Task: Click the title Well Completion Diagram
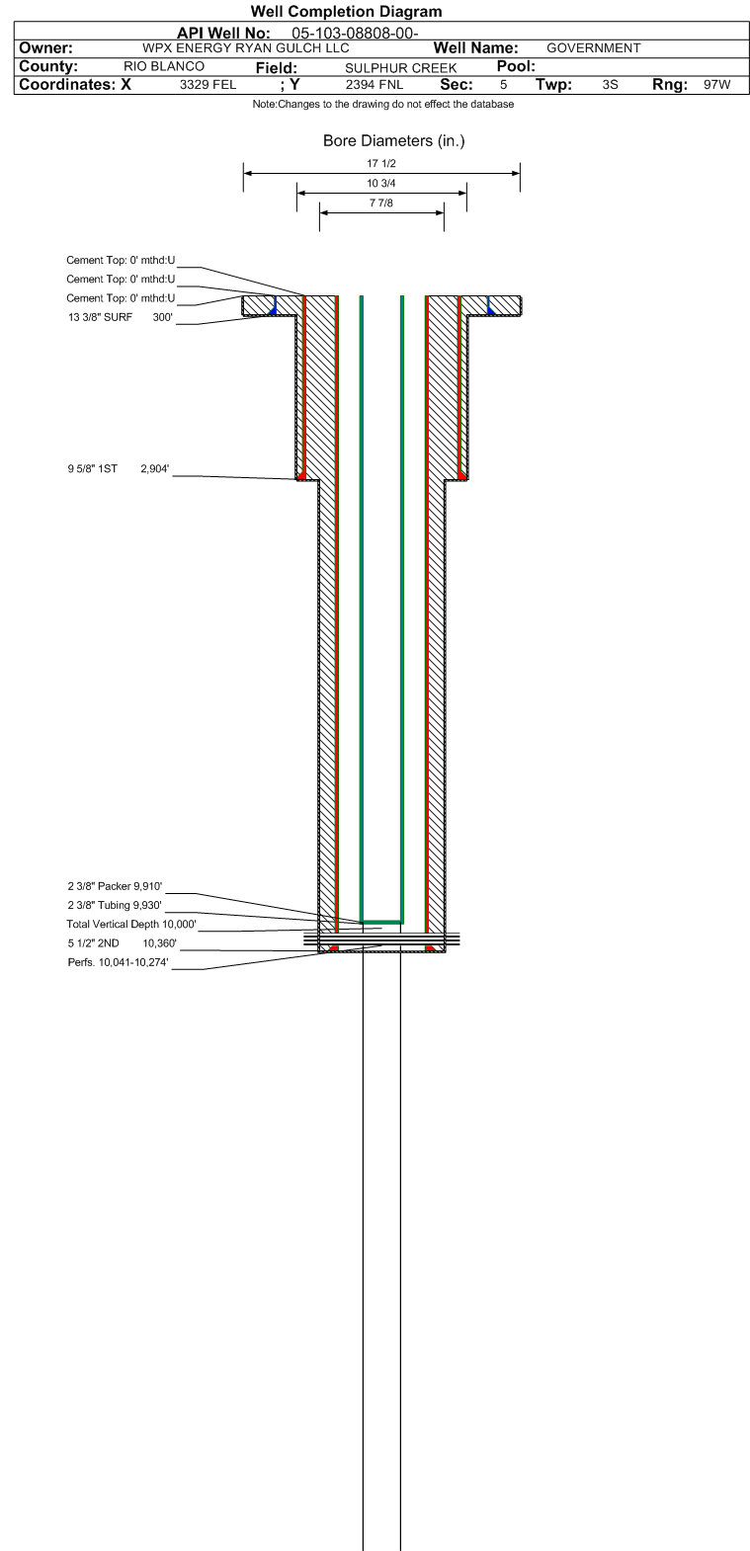click(x=346, y=12)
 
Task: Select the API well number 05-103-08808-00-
click(x=356, y=33)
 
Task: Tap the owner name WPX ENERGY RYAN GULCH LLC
click(x=246, y=48)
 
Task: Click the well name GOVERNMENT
click(x=593, y=48)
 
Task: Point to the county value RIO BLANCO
click(x=164, y=66)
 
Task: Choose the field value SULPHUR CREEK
click(x=400, y=67)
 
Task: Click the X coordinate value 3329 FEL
click(x=208, y=85)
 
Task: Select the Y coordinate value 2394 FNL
click(x=374, y=85)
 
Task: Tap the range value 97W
click(x=716, y=85)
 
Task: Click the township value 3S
click(x=610, y=85)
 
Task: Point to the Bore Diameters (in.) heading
click(x=393, y=141)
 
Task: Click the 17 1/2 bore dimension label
click(x=381, y=164)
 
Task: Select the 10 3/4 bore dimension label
click(x=381, y=184)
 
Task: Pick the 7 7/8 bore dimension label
click(x=381, y=203)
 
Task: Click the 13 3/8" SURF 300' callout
click(x=121, y=317)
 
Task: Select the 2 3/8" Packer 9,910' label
click(x=115, y=886)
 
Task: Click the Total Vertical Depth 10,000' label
click(x=131, y=924)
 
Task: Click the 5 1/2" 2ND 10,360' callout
click(x=122, y=943)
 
